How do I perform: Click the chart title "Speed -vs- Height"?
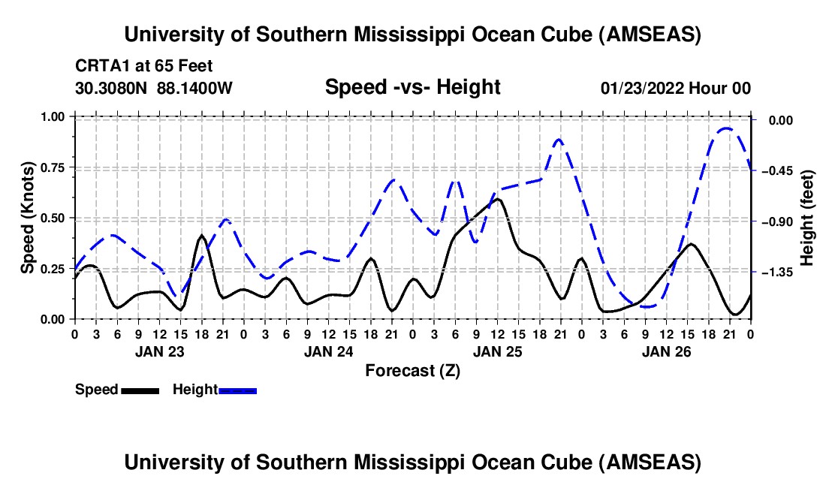[x=412, y=87]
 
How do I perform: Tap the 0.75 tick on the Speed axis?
[x=56, y=167]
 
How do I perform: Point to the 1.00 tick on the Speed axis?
[x=56, y=116]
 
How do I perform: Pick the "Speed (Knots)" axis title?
[x=28, y=217]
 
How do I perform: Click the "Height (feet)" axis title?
[x=807, y=218]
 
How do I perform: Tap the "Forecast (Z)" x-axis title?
[x=412, y=370]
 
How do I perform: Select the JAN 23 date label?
[x=160, y=351]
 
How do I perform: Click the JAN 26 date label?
[x=666, y=351]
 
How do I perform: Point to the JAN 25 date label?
[x=497, y=351]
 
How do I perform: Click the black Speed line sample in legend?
[x=140, y=390]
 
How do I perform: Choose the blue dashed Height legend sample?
[x=238, y=390]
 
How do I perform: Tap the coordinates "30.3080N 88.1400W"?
[x=154, y=88]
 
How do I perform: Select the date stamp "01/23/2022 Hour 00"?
[x=676, y=88]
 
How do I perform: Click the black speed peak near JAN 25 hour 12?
[x=497, y=199]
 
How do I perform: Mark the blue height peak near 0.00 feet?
[x=726, y=128]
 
